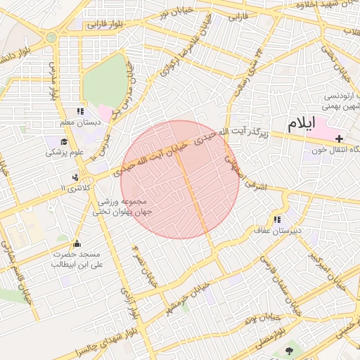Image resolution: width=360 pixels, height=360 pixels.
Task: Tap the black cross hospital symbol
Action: tap(340, 139)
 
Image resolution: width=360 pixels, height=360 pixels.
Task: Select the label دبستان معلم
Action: tap(79, 122)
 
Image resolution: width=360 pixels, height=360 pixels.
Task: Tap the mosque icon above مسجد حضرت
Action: tap(77, 243)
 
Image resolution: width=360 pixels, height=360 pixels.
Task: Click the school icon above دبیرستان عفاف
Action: tap(285, 218)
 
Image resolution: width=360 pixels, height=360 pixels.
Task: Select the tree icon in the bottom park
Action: tap(289, 349)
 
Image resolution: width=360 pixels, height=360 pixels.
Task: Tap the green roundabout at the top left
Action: tap(51, 37)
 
